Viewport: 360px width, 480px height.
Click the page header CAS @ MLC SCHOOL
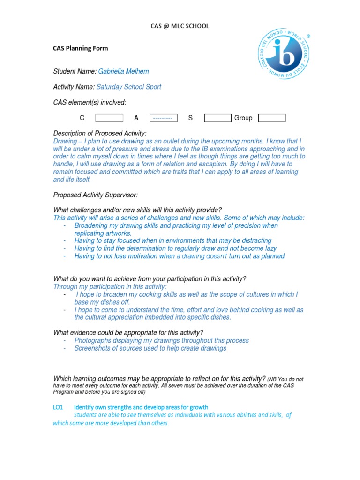(x=180, y=26)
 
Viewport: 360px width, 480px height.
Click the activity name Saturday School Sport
(x=129, y=87)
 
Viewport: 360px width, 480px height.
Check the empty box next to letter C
(x=109, y=118)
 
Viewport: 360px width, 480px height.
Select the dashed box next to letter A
(x=163, y=118)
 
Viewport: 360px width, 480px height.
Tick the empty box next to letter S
(x=217, y=118)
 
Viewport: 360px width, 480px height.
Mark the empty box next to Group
(x=272, y=118)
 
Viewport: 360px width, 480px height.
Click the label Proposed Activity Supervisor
(x=96, y=195)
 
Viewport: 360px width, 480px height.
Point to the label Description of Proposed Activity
(x=100, y=134)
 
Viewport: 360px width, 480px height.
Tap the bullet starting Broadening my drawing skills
(x=176, y=226)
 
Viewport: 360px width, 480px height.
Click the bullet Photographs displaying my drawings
(x=161, y=340)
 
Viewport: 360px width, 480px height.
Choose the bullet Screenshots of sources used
(x=150, y=348)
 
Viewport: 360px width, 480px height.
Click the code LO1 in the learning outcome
(x=59, y=407)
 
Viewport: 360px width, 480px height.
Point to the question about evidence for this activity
(x=128, y=333)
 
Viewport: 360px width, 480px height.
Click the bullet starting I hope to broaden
(x=187, y=294)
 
